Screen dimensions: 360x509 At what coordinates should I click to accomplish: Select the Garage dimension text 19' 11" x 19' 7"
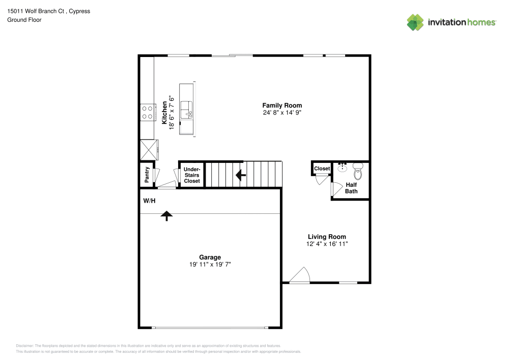coord(210,265)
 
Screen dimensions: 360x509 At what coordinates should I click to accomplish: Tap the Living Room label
coord(327,237)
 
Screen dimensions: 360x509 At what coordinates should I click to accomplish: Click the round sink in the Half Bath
coord(343,168)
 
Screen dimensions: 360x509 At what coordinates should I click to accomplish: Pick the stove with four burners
coord(147,112)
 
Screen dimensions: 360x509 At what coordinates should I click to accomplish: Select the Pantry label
coord(147,175)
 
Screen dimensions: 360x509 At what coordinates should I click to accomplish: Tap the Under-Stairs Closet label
coord(192,175)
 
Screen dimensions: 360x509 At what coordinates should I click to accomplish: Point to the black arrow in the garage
coord(166,216)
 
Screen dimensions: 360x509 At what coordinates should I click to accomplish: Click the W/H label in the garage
coord(149,201)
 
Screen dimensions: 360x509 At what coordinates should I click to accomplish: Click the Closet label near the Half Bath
coord(322,169)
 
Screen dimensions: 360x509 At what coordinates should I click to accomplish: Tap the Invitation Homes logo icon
coord(415,22)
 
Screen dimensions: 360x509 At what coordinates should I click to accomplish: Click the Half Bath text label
coord(351,188)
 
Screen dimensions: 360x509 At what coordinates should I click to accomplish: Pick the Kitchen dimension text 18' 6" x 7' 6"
coord(172,113)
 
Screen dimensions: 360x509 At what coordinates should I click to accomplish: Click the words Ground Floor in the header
coord(24,20)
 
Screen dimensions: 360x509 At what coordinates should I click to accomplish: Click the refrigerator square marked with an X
coord(149,150)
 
